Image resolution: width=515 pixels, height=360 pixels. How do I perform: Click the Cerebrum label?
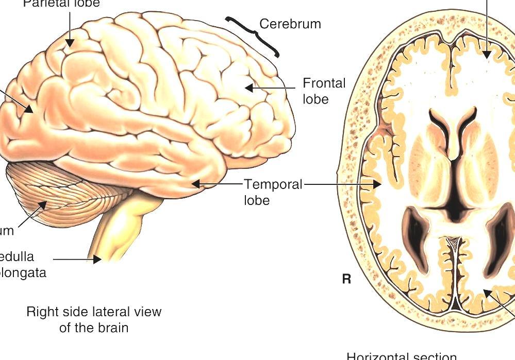[290, 24]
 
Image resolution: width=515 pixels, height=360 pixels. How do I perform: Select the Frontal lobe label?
[324, 91]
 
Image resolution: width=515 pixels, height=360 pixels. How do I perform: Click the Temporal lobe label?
[273, 192]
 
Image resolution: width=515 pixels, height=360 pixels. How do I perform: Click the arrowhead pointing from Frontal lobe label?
[249, 88]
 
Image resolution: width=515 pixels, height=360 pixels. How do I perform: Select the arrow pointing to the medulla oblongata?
[77, 260]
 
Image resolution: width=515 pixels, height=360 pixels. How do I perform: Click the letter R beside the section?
[346, 279]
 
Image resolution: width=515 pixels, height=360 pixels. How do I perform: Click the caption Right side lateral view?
[94, 319]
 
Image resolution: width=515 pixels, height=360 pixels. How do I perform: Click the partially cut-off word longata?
[23, 272]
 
